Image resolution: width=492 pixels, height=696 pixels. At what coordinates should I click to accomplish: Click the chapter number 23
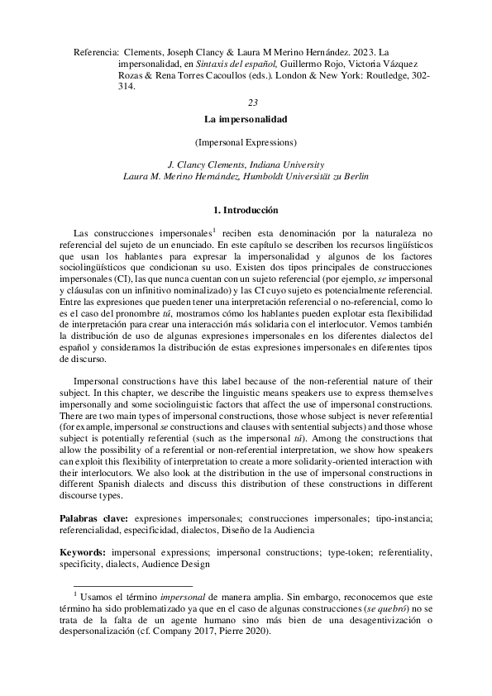(252, 102)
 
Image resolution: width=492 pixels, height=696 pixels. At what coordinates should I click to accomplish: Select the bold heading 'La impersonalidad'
(251, 119)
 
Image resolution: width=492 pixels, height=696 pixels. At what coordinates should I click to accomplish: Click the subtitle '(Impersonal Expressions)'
(251, 141)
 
